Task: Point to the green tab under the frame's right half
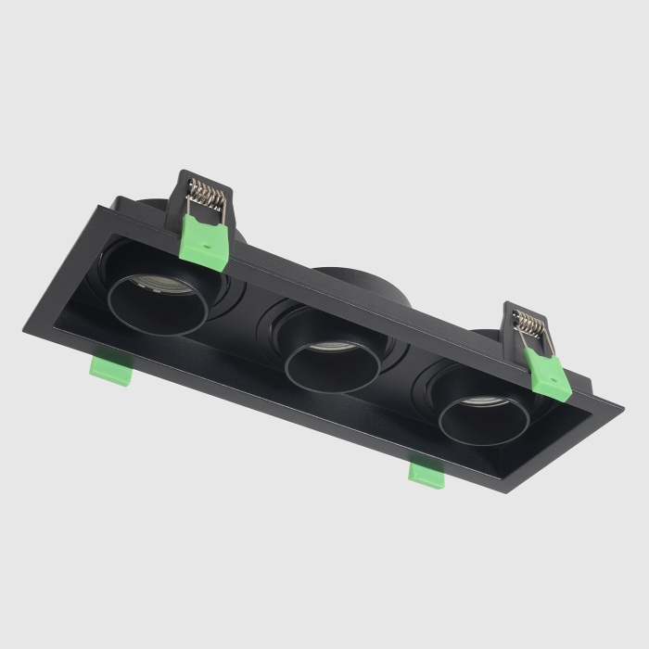pyautogui.click(x=427, y=473)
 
